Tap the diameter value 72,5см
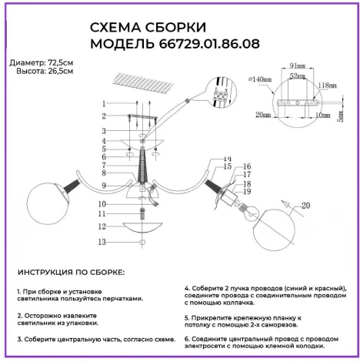click(x=58, y=60)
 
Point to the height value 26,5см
click(x=58, y=71)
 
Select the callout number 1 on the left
click(x=102, y=103)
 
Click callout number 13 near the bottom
click(x=102, y=242)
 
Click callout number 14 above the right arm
click(x=228, y=159)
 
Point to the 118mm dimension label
click(x=328, y=85)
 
